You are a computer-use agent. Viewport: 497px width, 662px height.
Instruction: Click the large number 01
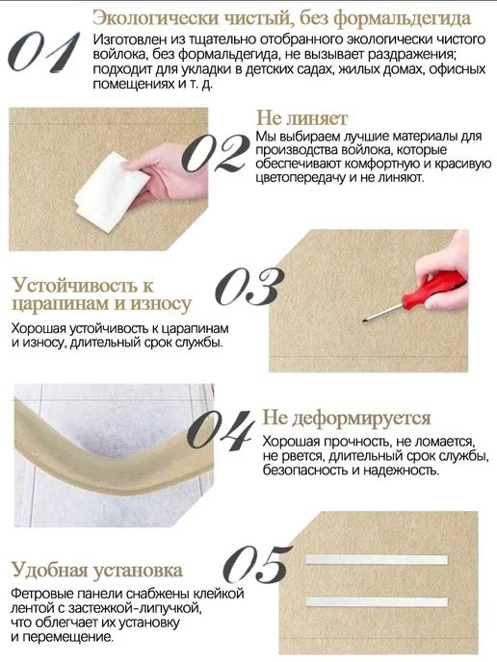coord(44,52)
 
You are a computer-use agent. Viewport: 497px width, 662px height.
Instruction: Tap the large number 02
coord(216,153)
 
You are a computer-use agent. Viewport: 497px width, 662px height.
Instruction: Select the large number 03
coord(249,287)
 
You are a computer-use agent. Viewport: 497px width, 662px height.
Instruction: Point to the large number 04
coord(221,430)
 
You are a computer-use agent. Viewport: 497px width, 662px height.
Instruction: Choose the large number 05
coord(258,564)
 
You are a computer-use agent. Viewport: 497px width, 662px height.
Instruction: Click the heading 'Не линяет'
coord(301,118)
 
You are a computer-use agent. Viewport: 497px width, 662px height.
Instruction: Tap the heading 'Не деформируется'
coord(347,418)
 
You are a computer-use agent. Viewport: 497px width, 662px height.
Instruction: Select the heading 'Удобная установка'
coord(96,570)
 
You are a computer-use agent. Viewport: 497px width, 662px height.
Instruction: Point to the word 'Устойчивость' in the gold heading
coord(76,286)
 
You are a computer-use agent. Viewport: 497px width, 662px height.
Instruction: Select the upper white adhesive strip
coord(377,560)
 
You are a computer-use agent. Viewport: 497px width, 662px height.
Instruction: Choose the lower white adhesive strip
coord(377,602)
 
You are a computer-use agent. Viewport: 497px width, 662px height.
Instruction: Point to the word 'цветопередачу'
coord(301,177)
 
